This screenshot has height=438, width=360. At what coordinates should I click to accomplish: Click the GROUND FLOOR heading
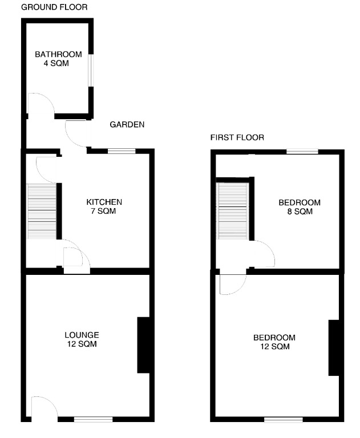pyautogui.click(x=54, y=7)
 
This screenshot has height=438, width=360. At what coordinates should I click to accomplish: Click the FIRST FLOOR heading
pyautogui.click(x=237, y=137)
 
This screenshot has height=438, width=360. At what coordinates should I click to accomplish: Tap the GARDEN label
pyautogui.click(x=127, y=124)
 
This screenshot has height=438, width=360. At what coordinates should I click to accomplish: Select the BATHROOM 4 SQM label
pyautogui.click(x=58, y=59)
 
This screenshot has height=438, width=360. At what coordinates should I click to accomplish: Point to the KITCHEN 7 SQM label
pyautogui.click(x=104, y=206)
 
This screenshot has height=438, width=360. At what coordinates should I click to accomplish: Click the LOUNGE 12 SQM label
pyautogui.click(x=82, y=339)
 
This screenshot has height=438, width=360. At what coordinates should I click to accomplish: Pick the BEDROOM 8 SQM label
pyautogui.click(x=299, y=207)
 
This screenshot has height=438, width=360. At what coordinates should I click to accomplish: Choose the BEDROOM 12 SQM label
pyautogui.click(x=274, y=342)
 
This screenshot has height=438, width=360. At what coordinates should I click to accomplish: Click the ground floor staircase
pyautogui.click(x=42, y=211)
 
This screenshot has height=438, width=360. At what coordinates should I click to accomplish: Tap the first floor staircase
pyautogui.click(x=233, y=210)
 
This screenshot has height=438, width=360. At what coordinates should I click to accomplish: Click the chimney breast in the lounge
pyautogui.click(x=143, y=344)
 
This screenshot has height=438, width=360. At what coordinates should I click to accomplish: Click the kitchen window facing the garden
pyautogui.click(x=122, y=151)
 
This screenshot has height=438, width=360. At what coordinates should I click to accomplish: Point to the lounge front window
pyautogui.click(x=93, y=420)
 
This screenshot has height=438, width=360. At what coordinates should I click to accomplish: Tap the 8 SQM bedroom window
pyautogui.click(x=302, y=152)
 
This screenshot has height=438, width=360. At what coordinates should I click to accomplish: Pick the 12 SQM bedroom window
pyautogui.click(x=283, y=420)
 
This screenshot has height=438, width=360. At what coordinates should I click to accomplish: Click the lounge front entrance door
pyautogui.click(x=43, y=410)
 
